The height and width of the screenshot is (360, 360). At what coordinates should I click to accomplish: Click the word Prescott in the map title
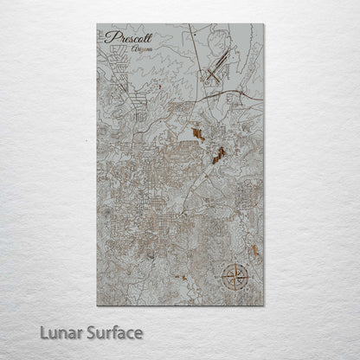pos(127,37)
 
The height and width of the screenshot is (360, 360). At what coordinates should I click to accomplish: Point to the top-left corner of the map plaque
pos(97,24)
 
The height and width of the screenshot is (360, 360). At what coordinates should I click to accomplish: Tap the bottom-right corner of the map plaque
pos(264,305)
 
